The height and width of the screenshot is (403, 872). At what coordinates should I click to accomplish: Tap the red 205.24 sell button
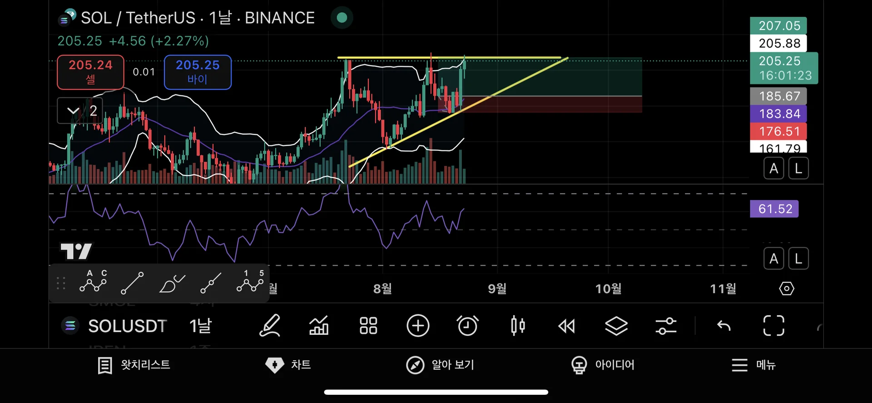tap(90, 72)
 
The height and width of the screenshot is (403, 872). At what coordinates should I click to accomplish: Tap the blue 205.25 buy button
tap(198, 72)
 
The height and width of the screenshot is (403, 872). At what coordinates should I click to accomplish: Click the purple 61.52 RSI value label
tap(774, 209)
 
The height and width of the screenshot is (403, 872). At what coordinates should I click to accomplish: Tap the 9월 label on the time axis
tap(497, 289)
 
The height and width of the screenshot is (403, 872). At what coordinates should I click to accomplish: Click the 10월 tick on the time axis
tap(609, 289)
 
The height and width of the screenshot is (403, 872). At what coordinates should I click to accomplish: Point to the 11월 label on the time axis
tap(723, 289)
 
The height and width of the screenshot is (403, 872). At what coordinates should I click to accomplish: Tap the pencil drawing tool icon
tap(270, 326)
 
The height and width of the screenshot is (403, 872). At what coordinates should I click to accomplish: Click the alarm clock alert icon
tap(467, 326)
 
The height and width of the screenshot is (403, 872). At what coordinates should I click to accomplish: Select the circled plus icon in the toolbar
tap(418, 326)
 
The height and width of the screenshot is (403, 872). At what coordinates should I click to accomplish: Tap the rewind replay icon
tap(566, 326)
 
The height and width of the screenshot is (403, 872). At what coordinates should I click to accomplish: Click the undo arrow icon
tap(724, 326)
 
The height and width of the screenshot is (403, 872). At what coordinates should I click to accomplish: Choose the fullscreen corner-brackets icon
tap(773, 326)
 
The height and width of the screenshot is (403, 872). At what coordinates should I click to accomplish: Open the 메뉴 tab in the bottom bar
tap(753, 365)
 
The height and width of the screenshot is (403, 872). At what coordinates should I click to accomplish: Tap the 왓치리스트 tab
tap(134, 365)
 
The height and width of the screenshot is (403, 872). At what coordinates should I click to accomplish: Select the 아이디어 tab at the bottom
tap(603, 365)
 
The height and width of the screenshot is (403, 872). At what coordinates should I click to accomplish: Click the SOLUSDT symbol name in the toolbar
tap(127, 326)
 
